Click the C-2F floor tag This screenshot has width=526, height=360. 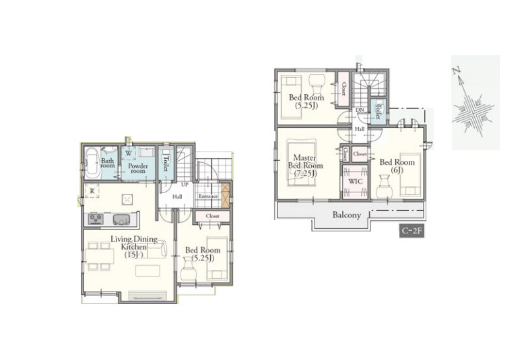pos(412,231)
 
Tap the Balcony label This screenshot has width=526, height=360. pos(347,215)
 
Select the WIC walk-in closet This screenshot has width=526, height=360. pos(356,181)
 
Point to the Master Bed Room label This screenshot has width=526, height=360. pos(306,166)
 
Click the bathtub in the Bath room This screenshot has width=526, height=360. pos(92,163)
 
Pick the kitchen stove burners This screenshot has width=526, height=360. pos(96,219)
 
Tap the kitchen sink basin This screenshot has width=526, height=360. pos(120,219)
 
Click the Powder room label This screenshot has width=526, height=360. pos(138,168)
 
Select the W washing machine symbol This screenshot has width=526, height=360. pos(129,153)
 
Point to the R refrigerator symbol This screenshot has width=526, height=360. pos(92,190)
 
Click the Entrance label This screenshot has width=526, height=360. pos(208,196)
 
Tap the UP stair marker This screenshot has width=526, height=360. pos(185,184)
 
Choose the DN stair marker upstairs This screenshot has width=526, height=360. pos(360,110)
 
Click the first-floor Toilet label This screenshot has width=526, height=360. pos(166,164)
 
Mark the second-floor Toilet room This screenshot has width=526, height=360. pos(378,110)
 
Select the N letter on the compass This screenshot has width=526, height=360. pos(455,71)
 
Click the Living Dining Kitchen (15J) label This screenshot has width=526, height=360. pos(134,247)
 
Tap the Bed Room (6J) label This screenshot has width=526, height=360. pos(397,166)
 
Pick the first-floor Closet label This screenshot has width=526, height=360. pos(213,216)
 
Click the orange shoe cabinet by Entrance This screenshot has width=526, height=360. pos(226,194)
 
